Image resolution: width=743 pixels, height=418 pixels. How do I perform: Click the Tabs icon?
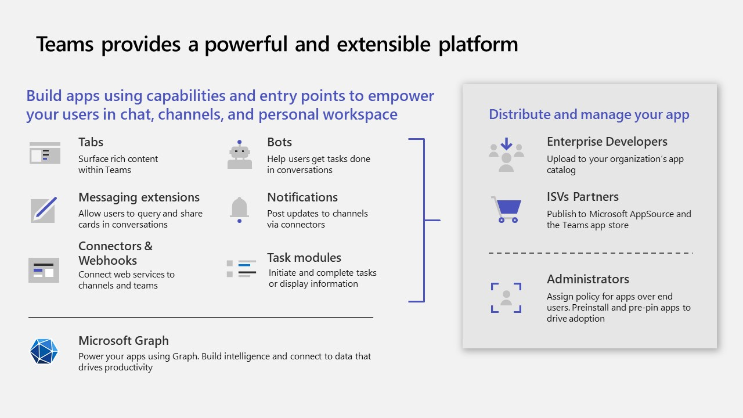(x=45, y=153)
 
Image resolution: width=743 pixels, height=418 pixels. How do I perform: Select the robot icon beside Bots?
(x=239, y=154)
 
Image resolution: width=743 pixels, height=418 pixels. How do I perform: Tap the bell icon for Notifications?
(x=239, y=209)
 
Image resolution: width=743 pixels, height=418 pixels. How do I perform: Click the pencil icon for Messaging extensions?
(x=44, y=210)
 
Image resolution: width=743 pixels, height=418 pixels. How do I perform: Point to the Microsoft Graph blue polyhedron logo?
(x=44, y=351)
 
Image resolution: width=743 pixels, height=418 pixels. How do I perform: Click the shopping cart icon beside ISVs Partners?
(x=506, y=209)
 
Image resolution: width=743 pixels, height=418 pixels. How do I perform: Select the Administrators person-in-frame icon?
(x=506, y=297)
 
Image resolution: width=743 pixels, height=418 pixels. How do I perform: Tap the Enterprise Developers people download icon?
(x=506, y=154)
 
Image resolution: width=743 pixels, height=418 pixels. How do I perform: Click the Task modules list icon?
(x=241, y=268)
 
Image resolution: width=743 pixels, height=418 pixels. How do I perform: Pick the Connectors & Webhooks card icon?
(x=44, y=270)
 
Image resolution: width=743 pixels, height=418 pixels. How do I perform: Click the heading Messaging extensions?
(x=139, y=197)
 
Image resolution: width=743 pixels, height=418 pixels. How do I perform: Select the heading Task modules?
(x=304, y=258)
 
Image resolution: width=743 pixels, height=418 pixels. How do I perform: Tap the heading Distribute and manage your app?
(x=589, y=114)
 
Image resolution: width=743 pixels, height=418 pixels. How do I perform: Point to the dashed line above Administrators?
(x=590, y=253)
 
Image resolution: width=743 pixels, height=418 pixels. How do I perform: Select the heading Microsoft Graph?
(x=123, y=341)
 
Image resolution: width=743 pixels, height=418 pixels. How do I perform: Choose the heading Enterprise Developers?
(x=607, y=142)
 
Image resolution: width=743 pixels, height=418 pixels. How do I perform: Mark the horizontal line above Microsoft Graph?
(x=200, y=318)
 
